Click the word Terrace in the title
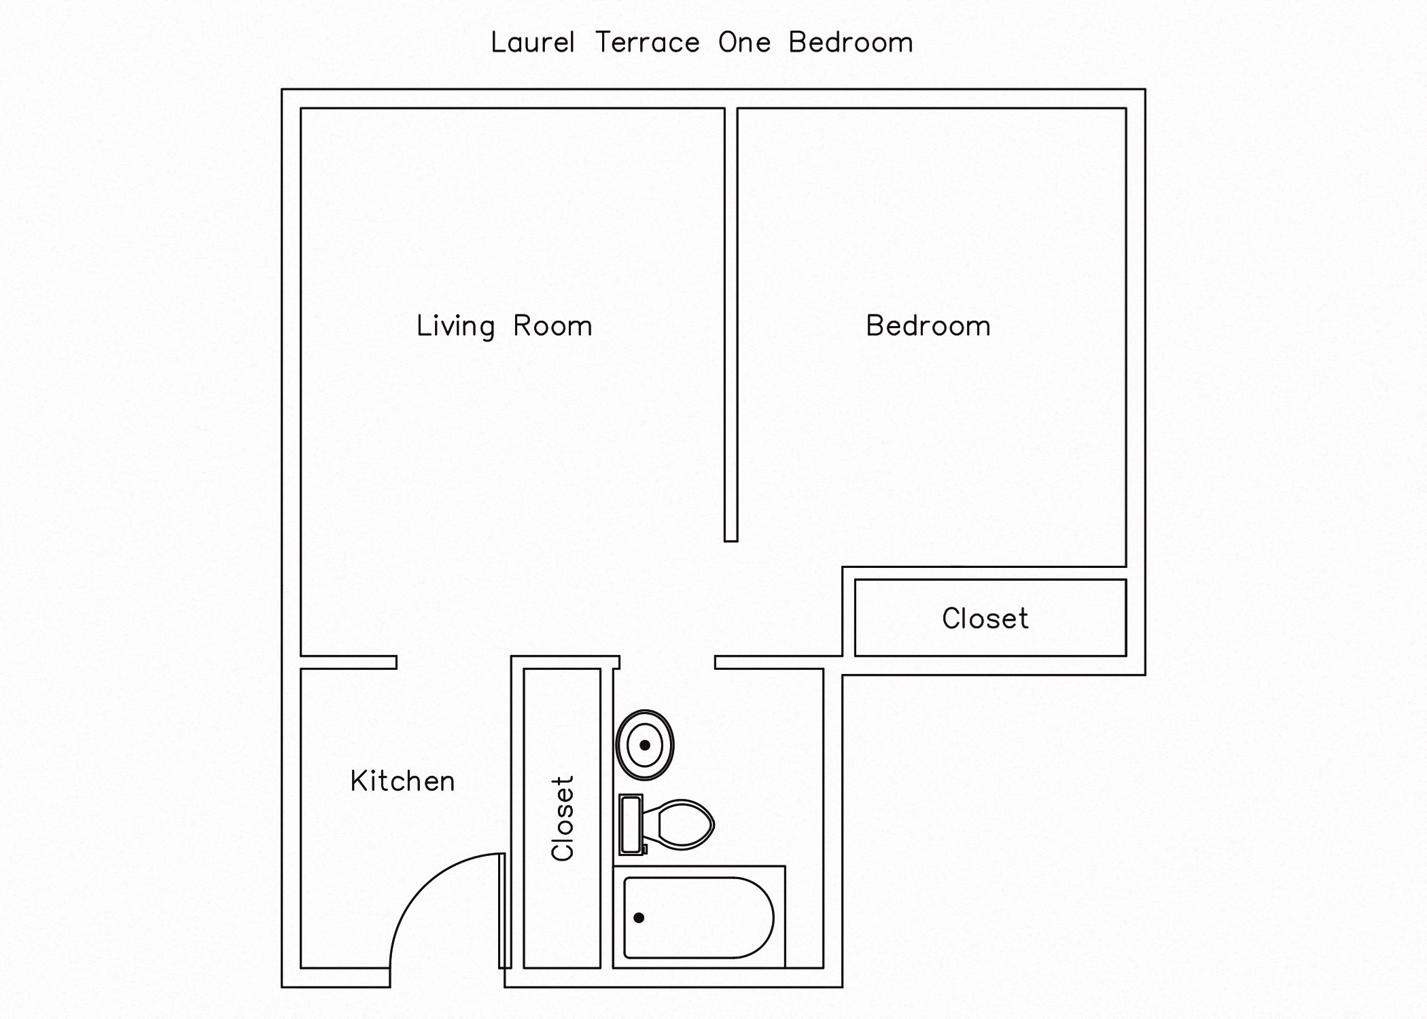[647, 43]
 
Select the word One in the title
[744, 43]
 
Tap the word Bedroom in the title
[850, 43]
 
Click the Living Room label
[504, 326]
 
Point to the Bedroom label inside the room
[928, 326]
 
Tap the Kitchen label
[402, 781]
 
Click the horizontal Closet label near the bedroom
[985, 619]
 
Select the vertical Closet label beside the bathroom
[563, 818]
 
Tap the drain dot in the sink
[645, 745]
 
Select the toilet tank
[631, 824]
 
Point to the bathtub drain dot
[639, 918]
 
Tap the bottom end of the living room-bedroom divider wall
[730, 539]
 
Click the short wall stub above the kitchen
[349, 662]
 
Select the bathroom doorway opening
[667, 662]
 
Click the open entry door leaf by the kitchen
[504, 910]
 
